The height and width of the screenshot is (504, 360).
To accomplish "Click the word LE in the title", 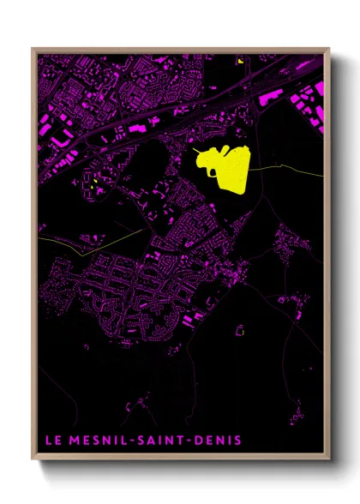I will point(51,441).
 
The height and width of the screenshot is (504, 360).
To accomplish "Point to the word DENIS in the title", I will point(219,441).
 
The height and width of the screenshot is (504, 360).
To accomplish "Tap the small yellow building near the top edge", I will point(242,61).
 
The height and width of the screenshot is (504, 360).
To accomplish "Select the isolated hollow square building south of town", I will point(240,327).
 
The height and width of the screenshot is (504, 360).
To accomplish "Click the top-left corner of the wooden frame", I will point(33,48).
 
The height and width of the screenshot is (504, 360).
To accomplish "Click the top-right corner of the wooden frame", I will point(329,48).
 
